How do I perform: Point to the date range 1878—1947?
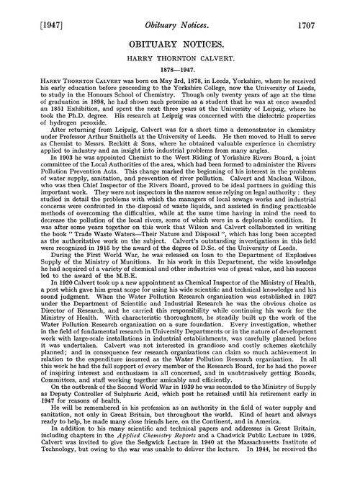click(x=180, y=73)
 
